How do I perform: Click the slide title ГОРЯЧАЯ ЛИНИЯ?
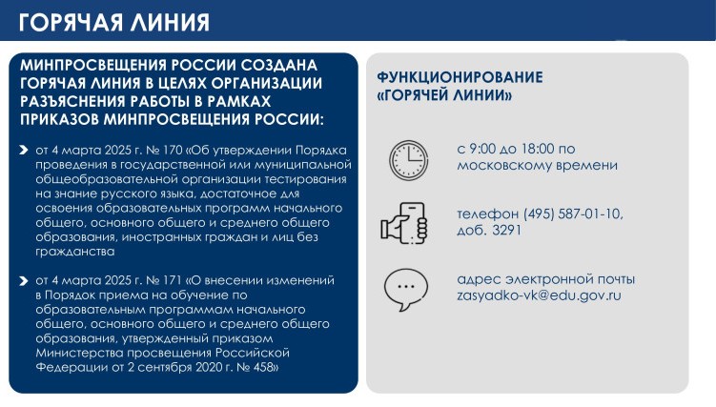coord(114,22)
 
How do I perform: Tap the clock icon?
coord(409,160)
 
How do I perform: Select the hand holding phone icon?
coord(404,223)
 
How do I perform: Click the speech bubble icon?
coord(406,290)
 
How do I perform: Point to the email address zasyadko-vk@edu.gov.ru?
coord(539,295)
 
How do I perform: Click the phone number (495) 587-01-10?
coord(573,214)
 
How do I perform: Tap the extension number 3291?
coord(506,230)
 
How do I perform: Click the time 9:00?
coord(482,149)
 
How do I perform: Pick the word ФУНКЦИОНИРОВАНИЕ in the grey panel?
coord(460,77)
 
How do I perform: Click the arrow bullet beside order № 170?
coord(24,150)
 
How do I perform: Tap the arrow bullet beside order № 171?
coord(24,280)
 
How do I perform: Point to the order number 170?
coord(173,150)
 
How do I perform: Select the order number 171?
coord(173,280)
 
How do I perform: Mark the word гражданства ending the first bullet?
coord(75,252)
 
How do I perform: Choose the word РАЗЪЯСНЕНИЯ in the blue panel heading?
coord(72,101)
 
